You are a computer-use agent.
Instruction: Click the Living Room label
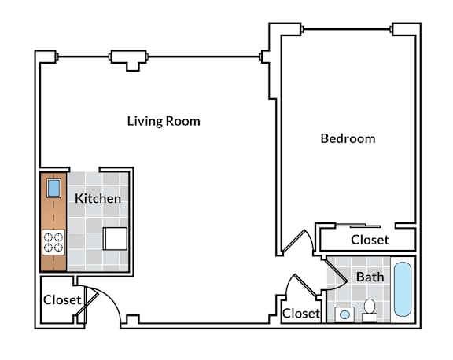(164, 121)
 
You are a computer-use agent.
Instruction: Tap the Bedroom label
(348, 138)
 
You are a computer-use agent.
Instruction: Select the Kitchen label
(98, 199)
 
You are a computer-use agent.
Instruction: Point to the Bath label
(370, 277)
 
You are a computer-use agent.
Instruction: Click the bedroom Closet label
(370, 240)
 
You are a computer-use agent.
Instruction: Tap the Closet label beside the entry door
(62, 300)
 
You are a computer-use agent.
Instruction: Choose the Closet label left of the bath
(301, 314)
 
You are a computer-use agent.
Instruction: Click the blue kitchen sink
(53, 188)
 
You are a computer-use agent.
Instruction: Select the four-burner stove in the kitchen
(53, 242)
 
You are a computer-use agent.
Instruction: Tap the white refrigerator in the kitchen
(115, 239)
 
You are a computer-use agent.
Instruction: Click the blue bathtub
(403, 289)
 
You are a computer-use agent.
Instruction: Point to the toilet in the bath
(370, 310)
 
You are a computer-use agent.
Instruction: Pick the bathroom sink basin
(344, 314)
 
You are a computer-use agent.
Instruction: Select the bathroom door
(337, 270)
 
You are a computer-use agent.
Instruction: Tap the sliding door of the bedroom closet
(359, 225)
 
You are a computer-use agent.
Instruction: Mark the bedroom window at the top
(347, 29)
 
